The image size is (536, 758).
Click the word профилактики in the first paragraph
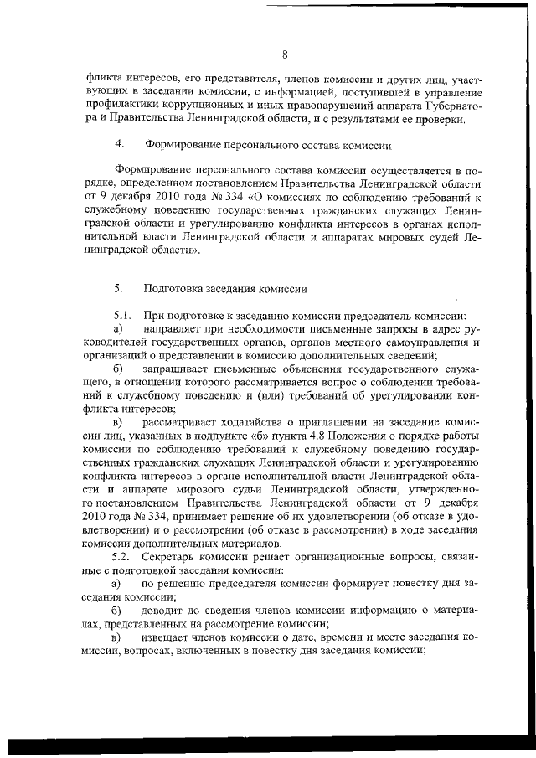click(x=128, y=107)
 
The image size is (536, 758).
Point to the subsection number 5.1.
click(x=122, y=317)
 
